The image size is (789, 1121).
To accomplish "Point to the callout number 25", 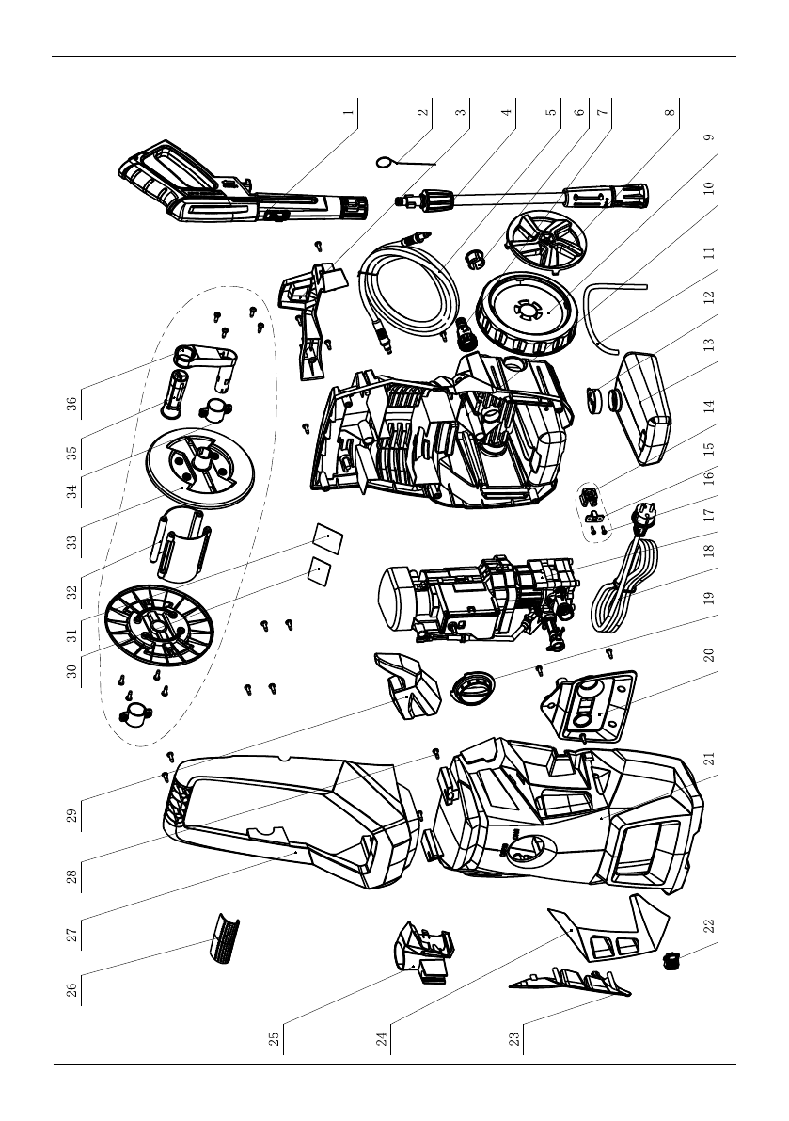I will [x=274, y=1039].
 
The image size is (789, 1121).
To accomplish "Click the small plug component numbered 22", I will [x=672, y=961].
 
